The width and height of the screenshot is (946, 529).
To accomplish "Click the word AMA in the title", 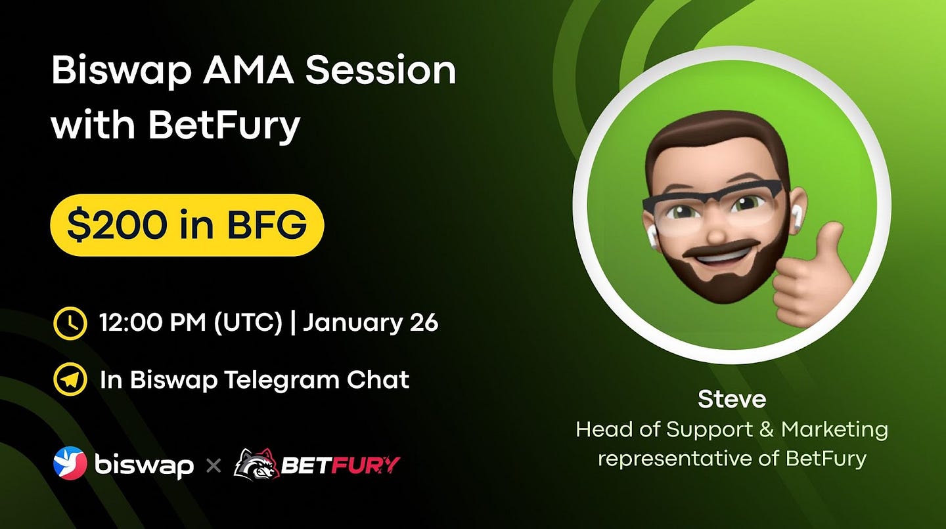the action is click(248, 71).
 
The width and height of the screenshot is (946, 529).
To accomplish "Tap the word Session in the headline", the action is click(381, 71).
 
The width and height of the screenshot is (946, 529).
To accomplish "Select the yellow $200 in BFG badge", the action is click(187, 225).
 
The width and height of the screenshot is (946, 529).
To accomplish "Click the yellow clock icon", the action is click(70, 323).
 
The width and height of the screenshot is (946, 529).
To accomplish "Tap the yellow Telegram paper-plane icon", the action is click(70, 379).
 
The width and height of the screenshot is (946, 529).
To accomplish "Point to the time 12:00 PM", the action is click(152, 323).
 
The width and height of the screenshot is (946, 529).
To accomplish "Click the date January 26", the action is click(371, 323).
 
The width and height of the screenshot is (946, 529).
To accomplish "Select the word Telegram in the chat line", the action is click(281, 380).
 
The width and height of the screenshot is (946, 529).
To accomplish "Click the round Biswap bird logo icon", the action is click(70, 463).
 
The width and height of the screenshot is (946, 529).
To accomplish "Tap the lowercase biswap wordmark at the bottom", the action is click(144, 465).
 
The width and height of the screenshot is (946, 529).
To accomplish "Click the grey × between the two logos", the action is click(214, 466).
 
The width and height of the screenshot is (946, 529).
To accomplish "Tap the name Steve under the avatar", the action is click(731, 399).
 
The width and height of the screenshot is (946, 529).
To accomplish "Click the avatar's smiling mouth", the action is click(718, 253).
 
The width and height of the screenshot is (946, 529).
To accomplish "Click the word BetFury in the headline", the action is click(224, 126).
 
